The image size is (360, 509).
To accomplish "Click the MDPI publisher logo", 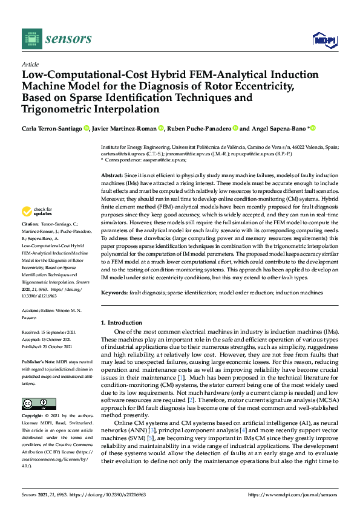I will (324, 40).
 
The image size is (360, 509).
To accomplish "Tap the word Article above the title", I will (30, 64).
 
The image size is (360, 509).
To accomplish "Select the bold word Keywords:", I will (114, 293).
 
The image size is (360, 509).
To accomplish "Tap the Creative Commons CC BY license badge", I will (38, 386).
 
